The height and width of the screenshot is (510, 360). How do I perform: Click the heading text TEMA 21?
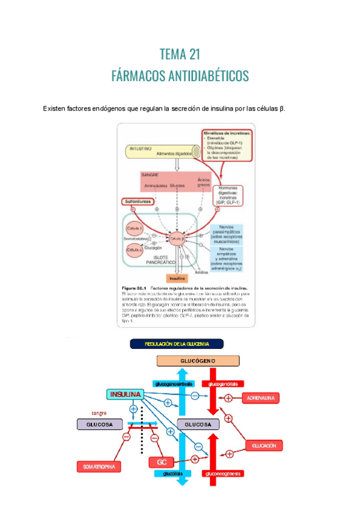click(180, 55)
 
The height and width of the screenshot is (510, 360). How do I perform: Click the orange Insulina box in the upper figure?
click(177, 279)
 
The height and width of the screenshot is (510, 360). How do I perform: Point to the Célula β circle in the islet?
click(177, 239)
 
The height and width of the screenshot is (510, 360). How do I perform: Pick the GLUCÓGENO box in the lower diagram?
click(198, 361)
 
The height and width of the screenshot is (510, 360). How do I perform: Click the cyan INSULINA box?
click(126, 395)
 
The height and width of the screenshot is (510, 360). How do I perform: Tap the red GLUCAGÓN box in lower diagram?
click(264, 446)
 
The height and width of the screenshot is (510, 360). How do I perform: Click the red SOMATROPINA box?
click(99, 467)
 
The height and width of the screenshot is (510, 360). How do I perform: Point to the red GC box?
click(161, 462)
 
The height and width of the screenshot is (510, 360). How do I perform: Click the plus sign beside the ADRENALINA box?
click(228, 398)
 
